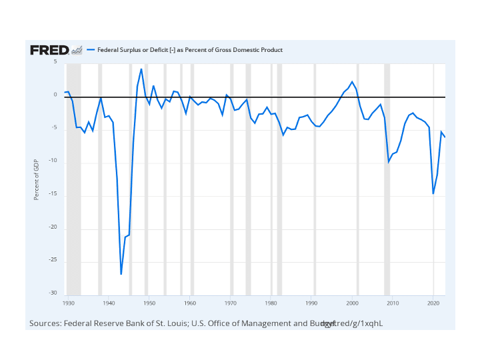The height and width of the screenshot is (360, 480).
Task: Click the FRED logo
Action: tap(49, 50)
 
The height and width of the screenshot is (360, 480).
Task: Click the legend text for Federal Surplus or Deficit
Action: tap(190, 50)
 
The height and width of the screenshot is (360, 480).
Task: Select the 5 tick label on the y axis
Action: tap(55, 61)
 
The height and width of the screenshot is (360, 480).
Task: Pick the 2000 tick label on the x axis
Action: tap(352, 303)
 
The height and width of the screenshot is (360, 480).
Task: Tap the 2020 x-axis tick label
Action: tap(433, 303)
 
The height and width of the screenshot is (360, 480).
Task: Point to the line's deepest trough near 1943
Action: tap(121, 274)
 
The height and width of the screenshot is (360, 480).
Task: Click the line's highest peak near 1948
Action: tap(141, 69)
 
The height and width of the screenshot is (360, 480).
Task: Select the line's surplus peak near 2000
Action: tap(352, 81)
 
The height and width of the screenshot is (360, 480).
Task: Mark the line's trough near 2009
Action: tap(389, 161)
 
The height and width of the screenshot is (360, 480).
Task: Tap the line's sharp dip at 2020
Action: tap(433, 194)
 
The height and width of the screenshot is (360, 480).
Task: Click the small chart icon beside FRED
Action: tap(77, 50)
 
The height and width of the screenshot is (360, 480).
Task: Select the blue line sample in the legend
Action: tap(91, 50)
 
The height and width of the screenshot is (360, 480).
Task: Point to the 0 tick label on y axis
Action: tap(55, 95)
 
